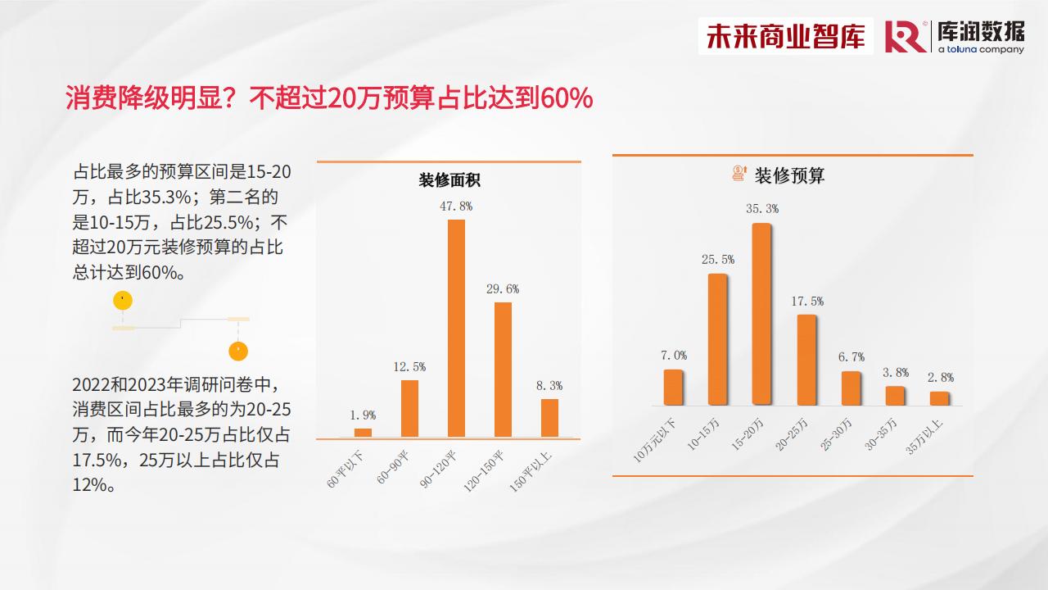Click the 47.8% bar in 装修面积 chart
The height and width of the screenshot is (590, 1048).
point(456,329)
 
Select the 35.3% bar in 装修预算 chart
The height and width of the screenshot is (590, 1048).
point(761,314)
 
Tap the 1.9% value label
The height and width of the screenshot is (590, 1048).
point(363,415)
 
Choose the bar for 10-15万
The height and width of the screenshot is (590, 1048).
point(717,339)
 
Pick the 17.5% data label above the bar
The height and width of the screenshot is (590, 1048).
point(807,301)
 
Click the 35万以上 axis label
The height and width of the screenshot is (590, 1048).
point(924,438)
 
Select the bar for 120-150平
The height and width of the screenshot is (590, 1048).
point(503,370)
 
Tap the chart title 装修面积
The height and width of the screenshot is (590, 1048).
point(449,179)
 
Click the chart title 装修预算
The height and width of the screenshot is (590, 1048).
point(789,175)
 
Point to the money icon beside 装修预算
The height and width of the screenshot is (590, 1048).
point(739,173)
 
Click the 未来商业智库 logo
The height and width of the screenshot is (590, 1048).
point(785,36)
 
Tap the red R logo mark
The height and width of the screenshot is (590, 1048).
point(906,37)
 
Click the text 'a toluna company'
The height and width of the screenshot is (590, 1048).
point(981,49)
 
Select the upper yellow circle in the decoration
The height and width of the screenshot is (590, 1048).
point(123,300)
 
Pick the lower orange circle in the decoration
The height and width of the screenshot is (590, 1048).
point(238,352)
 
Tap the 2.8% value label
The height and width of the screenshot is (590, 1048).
point(941,378)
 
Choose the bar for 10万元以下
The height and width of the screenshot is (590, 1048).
point(673,387)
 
